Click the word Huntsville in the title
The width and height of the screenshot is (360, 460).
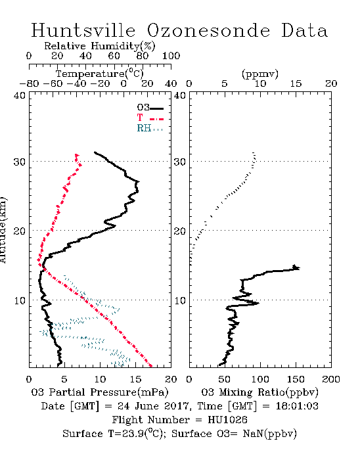(x=83, y=30)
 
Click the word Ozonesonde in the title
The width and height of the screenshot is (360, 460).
(x=208, y=31)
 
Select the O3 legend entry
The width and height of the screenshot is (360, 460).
(x=150, y=108)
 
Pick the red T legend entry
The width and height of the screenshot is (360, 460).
(x=150, y=118)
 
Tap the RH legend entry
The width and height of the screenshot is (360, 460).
(x=150, y=128)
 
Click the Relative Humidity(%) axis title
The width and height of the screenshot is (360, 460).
(x=100, y=46)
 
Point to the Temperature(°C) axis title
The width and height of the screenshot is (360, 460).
(x=100, y=74)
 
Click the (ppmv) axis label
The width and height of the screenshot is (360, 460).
(x=260, y=74)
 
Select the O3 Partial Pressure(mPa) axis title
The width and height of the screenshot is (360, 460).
(x=100, y=392)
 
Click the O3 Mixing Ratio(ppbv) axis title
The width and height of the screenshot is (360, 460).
(x=259, y=392)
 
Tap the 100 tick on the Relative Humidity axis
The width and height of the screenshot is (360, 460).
(x=171, y=56)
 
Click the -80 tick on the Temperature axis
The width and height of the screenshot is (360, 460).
(x=29, y=83)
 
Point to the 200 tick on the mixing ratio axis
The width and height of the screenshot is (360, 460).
(x=331, y=379)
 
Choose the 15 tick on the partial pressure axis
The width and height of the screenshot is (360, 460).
(x=136, y=379)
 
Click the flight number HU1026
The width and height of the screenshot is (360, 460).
(x=227, y=420)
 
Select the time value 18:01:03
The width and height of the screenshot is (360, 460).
(x=297, y=406)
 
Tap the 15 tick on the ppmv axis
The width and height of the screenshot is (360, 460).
(x=296, y=83)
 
